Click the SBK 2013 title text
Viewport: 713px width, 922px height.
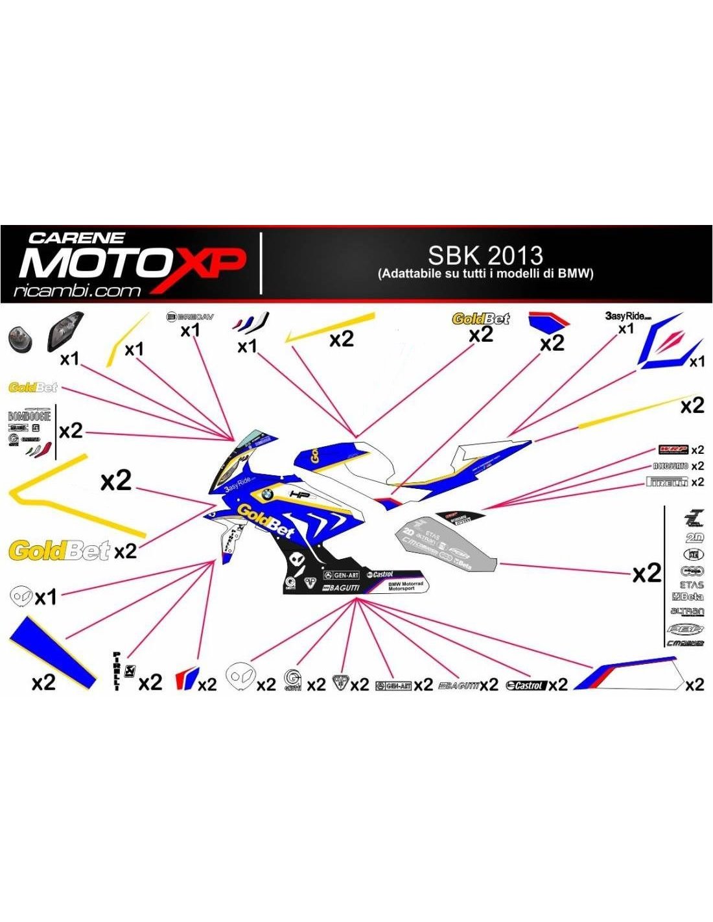(485, 255)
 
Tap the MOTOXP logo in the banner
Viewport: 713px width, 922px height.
(133, 265)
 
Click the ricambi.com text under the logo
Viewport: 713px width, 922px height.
(77, 291)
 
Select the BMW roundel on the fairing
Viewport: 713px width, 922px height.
(265, 494)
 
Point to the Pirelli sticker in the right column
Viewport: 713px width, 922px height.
(667, 482)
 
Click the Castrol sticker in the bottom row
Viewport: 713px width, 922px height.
(526, 685)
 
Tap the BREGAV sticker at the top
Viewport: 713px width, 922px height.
(190, 317)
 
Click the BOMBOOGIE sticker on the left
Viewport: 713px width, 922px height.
(29, 416)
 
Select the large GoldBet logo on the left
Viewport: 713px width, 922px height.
(59, 551)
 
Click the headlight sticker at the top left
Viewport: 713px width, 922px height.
(65, 331)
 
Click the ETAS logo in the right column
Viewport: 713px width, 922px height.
(690, 584)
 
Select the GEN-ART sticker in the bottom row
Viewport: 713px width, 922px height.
(393, 685)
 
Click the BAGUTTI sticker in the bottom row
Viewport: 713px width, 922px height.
(459, 685)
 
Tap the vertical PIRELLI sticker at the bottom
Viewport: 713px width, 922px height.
(117, 671)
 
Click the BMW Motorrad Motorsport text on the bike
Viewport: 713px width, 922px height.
(405, 585)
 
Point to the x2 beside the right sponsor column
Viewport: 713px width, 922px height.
(646, 573)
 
